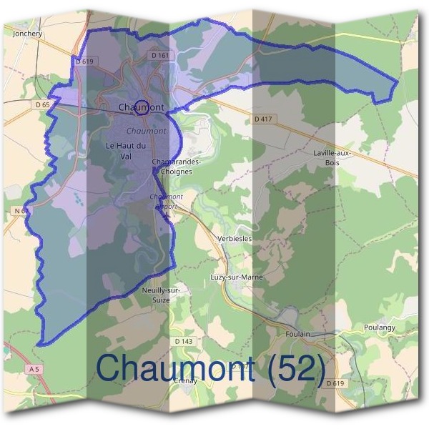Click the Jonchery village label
(x=29, y=33)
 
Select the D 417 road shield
(x=265, y=119)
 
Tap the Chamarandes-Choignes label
(x=177, y=167)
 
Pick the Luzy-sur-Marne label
(x=237, y=277)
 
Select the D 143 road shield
(x=184, y=341)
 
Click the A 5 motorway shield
(x=34, y=368)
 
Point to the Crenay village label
(x=185, y=380)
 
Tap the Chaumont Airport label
(x=167, y=201)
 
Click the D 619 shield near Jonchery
(x=84, y=62)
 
